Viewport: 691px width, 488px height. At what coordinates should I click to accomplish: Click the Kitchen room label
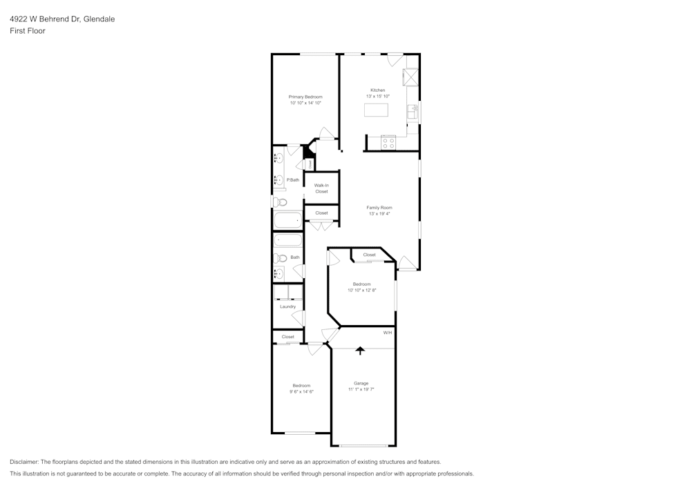click(x=377, y=90)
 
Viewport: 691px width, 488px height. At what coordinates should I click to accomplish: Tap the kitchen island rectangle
click(x=376, y=110)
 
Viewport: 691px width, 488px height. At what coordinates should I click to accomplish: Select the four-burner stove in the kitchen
click(x=388, y=143)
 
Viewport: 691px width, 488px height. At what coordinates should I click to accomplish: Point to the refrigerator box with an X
click(x=412, y=77)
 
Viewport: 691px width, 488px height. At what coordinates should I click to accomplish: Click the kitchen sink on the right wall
click(x=413, y=112)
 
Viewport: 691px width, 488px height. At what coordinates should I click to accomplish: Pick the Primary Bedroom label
click(x=305, y=97)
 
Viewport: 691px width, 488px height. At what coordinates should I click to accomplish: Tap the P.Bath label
click(x=294, y=180)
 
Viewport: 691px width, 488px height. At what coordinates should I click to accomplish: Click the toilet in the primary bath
click(x=279, y=202)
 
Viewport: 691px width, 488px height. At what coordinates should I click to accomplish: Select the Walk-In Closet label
click(x=321, y=188)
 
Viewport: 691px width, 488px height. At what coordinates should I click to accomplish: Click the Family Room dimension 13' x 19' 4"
click(x=380, y=214)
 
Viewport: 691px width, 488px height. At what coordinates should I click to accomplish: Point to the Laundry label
click(x=288, y=306)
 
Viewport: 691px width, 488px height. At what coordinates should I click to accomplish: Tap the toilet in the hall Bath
click(x=279, y=258)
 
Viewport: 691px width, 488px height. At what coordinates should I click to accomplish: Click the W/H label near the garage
click(x=388, y=333)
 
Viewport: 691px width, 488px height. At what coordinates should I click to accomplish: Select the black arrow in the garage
click(x=359, y=351)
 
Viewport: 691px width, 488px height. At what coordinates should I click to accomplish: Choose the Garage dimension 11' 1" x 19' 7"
click(x=361, y=389)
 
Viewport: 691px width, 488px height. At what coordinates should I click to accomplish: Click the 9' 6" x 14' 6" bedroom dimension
click(x=301, y=391)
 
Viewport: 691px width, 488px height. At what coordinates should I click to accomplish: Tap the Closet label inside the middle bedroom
click(x=369, y=255)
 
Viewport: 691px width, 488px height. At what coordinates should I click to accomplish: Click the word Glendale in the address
click(x=100, y=19)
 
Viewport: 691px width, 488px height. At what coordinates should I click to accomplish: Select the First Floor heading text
click(x=28, y=31)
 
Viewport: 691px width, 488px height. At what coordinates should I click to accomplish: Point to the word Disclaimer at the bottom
click(x=24, y=462)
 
